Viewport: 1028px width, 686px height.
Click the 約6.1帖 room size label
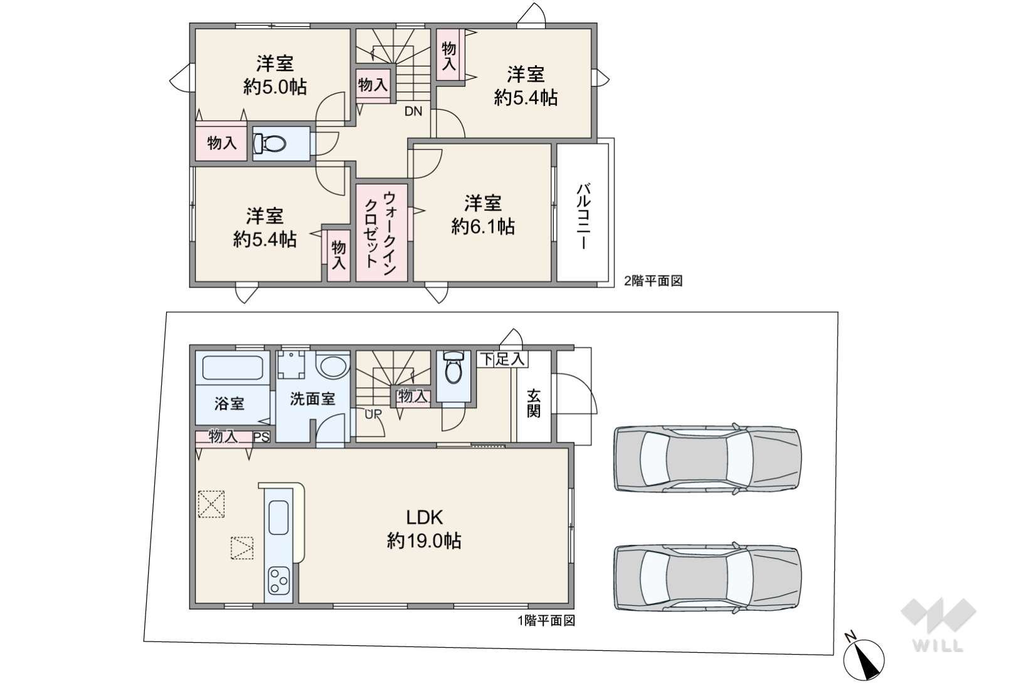coord(483,227)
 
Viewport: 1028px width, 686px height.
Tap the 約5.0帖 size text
coord(275,87)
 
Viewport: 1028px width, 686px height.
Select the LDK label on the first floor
coord(425,518)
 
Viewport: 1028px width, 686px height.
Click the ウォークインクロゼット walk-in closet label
coord(381,230)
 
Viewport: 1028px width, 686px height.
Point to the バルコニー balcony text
coord(583,216)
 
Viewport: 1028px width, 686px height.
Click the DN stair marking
coord(413,111)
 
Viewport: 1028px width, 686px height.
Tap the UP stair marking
coord(373,414)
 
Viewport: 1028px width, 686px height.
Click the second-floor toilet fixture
coord(270,143)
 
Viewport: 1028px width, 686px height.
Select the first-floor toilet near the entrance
coord(453,367)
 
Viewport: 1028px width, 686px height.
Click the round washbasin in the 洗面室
coord(334,367)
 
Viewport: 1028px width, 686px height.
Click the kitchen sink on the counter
coord(278,518)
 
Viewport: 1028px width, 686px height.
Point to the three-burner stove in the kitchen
coord(278,581)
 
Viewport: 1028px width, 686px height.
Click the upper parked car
coord(707,459)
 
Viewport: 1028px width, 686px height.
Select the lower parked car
coord(707,577)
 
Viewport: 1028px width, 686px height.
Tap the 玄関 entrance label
coord(533,404)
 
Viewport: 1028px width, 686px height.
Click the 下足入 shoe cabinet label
coord(502,359)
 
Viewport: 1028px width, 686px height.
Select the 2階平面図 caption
coord(653,281)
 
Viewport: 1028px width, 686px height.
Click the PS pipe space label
coord(262,437)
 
